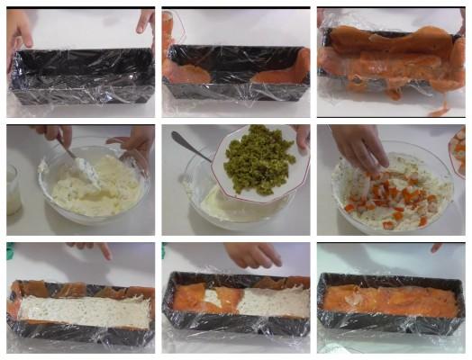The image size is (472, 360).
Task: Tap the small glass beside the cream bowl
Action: point(14,189)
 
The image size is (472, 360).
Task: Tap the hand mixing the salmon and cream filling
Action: point(360,144)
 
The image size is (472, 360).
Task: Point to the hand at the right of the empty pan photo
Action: point(144,20)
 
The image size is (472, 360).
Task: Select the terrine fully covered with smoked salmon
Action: point(389,302)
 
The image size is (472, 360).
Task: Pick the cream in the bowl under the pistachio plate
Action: point(216,202)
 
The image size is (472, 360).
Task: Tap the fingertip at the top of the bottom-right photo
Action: point(437,247)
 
